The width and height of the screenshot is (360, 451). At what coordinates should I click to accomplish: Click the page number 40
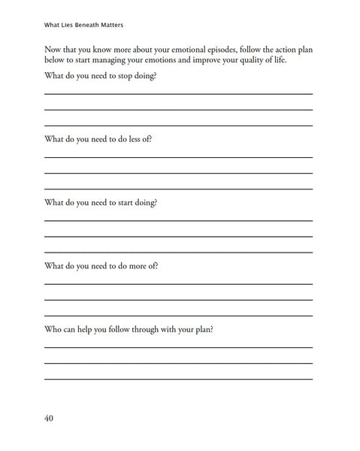(49, 418)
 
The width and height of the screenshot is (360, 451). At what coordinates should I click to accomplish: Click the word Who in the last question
(53, 329)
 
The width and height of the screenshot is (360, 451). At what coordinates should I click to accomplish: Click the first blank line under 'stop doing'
(179, 93)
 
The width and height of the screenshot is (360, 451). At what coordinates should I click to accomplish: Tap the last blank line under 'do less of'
(179, 189)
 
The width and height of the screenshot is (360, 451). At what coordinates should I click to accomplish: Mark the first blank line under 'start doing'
(179, 220)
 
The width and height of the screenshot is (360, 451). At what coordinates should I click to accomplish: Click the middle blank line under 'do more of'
(179, 299)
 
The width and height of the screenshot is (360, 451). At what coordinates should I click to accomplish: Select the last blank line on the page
(179, 378)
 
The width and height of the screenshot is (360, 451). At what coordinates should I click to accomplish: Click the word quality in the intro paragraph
(253, 60)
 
